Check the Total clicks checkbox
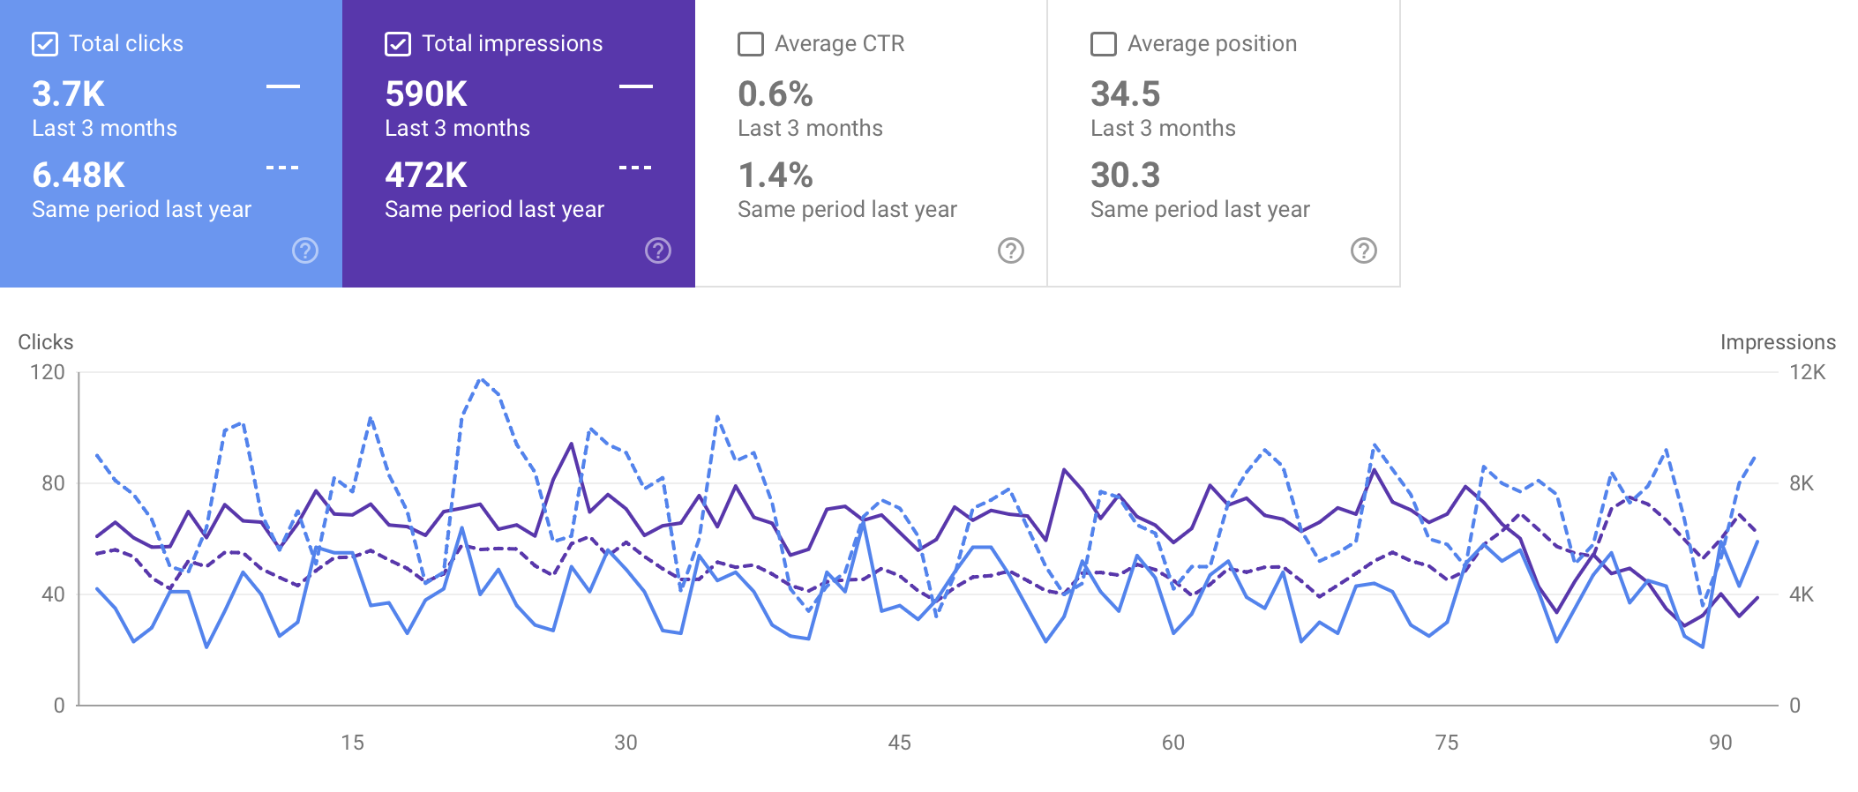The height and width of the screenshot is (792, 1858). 45,44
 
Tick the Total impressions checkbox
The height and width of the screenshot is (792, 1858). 398,44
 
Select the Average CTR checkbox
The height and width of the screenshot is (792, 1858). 751,44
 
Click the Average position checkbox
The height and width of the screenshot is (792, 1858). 1104,44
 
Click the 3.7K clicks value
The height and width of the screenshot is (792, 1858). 69,94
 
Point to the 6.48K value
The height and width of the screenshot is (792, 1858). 79,176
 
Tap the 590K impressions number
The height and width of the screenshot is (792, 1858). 426,94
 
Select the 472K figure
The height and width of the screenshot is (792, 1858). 426,176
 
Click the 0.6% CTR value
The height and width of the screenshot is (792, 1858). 775,94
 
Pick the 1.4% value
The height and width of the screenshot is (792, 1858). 775,176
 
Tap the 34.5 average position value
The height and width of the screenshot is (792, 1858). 1126,94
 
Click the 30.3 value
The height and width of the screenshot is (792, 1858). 1126,176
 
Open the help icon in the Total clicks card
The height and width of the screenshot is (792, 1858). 305,250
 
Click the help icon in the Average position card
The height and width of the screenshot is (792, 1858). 1364,250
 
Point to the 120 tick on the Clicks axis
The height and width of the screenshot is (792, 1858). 48,372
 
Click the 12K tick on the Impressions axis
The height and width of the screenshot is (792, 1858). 1807,372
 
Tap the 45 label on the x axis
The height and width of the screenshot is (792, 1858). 899,743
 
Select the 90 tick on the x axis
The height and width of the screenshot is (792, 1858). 1720,743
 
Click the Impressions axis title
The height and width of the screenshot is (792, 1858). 1778,342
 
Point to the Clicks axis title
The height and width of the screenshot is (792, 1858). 46,342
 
